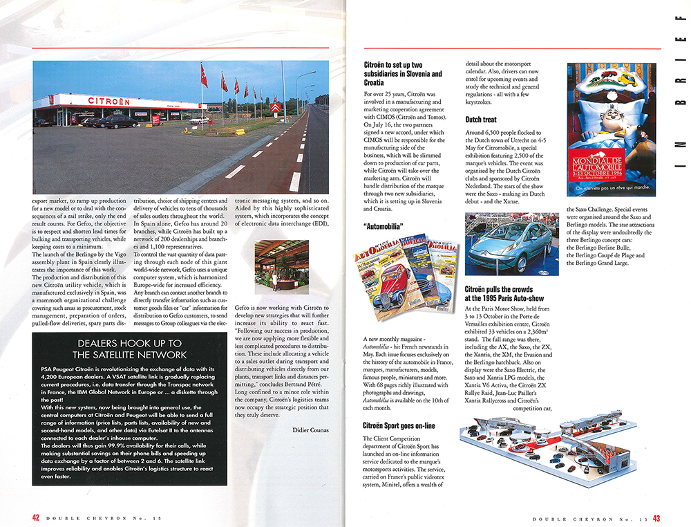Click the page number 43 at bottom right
tap(656, 517)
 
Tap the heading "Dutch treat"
tap(480, 120)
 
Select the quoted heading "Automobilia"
tap(384, 225)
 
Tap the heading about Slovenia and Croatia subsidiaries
tap(403, 73)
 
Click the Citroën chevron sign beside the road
tap(276, 109)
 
